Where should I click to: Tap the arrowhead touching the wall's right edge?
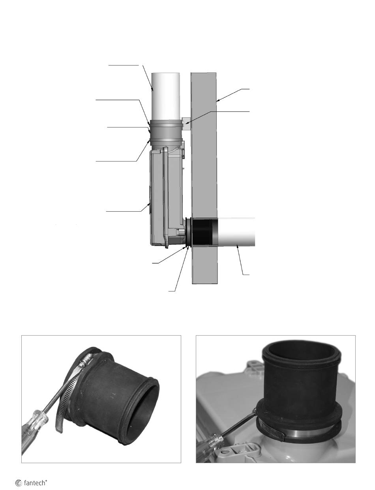coord(218,101)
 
